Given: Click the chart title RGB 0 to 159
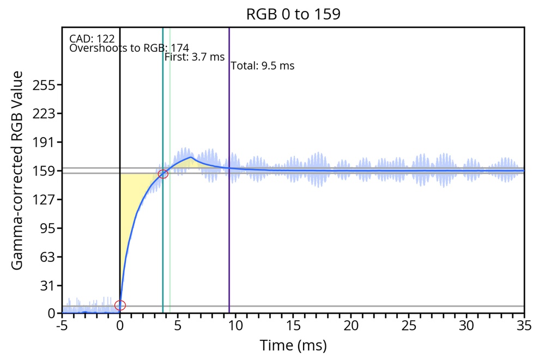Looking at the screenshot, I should (293, 14).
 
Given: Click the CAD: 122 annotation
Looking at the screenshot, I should (92, 39).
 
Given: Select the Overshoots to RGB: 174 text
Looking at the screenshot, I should (129, 48).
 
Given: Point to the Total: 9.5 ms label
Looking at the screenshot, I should (262, 66).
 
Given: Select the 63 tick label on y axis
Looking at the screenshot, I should (46, 257).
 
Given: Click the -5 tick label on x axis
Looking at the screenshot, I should (62, 326).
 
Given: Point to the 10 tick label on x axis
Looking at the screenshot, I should (235, 326).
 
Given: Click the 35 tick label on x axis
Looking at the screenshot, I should (524, 326).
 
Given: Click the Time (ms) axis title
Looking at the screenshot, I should (293, 345).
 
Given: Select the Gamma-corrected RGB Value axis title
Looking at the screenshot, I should (17, 170).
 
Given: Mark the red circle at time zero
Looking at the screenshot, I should (120, 306).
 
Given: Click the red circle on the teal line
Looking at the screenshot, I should (163, 174).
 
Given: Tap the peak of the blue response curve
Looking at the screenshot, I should (191, 157).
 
